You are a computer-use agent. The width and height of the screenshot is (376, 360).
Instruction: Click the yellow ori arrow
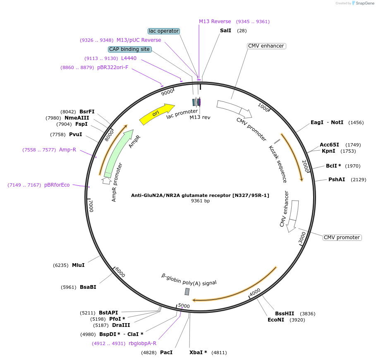[157, 114]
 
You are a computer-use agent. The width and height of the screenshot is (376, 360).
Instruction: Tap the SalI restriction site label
[225, 31]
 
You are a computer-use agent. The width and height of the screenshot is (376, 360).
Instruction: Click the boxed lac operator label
[163, 31]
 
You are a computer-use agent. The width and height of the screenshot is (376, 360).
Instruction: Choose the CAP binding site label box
[129, 49]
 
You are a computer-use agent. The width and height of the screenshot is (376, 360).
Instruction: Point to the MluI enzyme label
[78, 265]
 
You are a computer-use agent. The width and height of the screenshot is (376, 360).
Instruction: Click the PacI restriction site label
[166, 353]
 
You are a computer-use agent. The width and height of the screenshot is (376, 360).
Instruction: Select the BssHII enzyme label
[285, 314]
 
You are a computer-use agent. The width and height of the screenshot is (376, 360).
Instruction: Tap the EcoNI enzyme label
[276, 320]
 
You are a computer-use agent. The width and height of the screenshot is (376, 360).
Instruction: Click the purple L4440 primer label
[129, 58]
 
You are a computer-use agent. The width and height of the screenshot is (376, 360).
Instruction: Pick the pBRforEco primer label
[57, 185]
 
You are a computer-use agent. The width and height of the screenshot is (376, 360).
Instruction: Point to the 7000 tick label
[91, 205]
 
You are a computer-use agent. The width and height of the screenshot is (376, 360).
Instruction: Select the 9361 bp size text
[200, 201]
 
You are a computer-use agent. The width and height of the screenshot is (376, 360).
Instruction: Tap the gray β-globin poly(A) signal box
[187, 292]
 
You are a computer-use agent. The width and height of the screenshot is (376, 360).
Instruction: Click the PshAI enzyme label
[336, 180]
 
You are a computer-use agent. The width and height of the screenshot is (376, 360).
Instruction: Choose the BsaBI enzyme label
[88, 287]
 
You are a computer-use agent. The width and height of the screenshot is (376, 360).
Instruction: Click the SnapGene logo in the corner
[364, 3]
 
